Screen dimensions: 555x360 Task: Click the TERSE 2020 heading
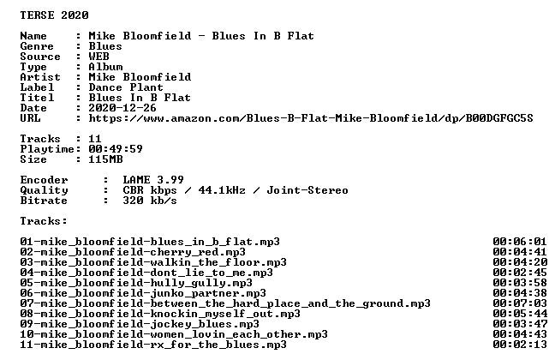54,15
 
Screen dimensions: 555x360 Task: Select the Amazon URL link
311,118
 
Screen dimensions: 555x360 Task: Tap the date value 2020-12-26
122,108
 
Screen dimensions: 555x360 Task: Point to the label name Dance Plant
126,87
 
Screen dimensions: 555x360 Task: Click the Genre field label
37,46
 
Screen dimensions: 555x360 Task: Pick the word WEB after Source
98,57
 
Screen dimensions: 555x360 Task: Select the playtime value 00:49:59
116,149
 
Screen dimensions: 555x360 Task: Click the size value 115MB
105,159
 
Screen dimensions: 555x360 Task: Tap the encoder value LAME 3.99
153,180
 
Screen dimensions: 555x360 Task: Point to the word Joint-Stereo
307,190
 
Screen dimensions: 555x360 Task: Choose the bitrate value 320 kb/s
150,201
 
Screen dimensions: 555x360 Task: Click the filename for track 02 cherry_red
133,252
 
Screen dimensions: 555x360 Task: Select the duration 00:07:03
520,303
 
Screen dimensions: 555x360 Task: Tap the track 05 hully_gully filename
136,283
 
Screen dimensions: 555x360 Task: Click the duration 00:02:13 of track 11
520,345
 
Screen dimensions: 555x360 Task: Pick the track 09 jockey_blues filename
140,324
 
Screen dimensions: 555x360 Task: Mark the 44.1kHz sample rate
222,190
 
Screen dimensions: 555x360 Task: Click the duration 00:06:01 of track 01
520,242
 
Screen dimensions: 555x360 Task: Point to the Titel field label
37,98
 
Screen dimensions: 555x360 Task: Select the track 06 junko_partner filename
143,293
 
